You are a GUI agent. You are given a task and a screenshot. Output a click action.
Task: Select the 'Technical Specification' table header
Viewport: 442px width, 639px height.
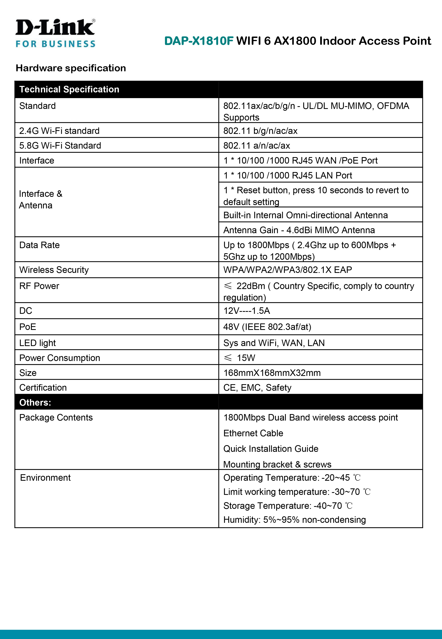point(69,89)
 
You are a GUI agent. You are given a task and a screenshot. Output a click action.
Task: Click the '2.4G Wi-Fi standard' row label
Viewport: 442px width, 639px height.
point(59,131)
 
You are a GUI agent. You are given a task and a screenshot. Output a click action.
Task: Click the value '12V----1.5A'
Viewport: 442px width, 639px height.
point(247,311)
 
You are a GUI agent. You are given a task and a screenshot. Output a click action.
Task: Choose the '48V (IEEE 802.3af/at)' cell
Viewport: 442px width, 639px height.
point(267,327)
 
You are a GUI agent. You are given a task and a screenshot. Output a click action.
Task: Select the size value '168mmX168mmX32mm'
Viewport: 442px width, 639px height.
point(272,373)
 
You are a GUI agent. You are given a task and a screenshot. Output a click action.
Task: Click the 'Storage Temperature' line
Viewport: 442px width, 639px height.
point(287,506)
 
